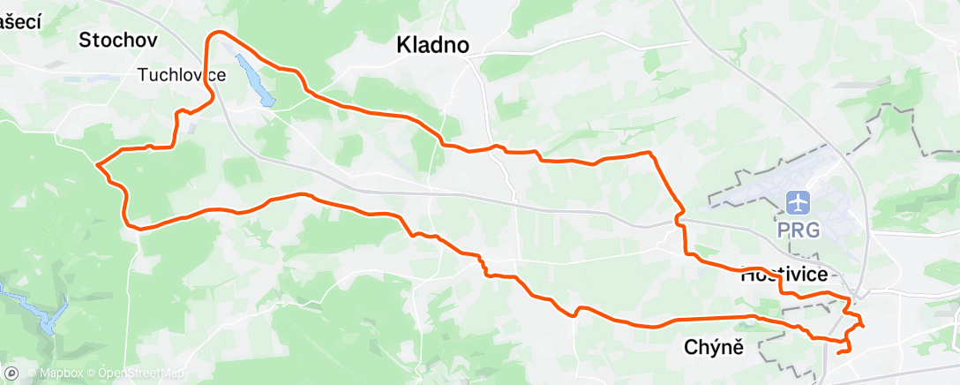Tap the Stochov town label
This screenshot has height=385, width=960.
coord(117,40)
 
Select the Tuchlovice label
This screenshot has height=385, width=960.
coord(181,75)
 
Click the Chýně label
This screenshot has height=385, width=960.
coord(714,348)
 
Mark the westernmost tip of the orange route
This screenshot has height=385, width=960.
coord(95,164)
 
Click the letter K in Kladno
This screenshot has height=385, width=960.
coord(403,44)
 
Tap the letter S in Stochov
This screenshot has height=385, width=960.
coord(86,40)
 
